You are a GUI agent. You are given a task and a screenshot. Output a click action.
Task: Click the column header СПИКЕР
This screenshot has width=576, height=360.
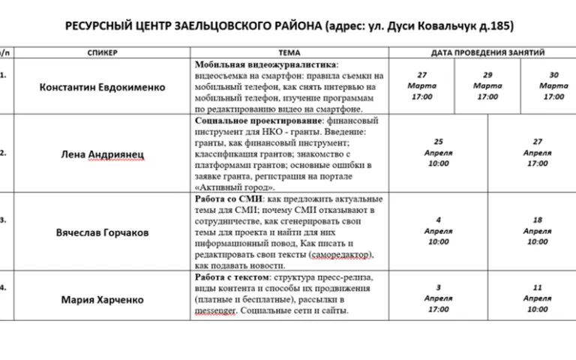pyautogui.click(x=102, y=52)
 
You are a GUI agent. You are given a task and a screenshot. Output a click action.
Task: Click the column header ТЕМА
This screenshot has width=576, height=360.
pyautogui.click(x=289, y=52)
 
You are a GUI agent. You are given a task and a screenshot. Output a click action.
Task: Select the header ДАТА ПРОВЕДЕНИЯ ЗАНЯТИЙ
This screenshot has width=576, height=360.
pyautogui.click(x=487, y=52)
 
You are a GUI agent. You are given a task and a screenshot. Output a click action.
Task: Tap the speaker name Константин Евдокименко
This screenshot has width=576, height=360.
pyautogui.click(x=102, y=87)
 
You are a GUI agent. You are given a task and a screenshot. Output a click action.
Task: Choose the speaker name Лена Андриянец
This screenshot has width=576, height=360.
pyautogui.click(x=102, y=154)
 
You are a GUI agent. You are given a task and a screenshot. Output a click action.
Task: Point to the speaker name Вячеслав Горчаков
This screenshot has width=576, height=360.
pyautogui.click(x=102, y=232)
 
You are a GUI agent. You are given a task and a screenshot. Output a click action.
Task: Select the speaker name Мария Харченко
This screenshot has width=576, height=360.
pyautogui.click(x=102, y=300)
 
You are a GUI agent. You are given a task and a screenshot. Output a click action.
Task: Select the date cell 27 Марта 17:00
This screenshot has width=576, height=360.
pyautogui.click(x=422, y=85)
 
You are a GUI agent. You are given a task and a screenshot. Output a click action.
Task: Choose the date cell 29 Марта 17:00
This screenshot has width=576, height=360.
pyautogui.click(x=487, y=85)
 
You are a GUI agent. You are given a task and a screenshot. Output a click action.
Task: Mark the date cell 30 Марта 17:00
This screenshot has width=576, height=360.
pyautogui.click(x=553, y=85)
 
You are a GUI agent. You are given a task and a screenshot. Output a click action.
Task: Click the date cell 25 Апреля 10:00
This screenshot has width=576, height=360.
pyautogui.click(x=439, y=152)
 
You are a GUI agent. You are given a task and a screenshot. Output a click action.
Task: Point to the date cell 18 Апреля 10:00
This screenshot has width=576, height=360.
pyautogui.click(x=537, y=230)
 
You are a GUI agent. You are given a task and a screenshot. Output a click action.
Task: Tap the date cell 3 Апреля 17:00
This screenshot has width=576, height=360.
pyautogui.click(x=439, y=298)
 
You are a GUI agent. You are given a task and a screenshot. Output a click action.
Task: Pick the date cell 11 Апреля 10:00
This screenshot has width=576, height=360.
pyautogui.click(x=537, y=298)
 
